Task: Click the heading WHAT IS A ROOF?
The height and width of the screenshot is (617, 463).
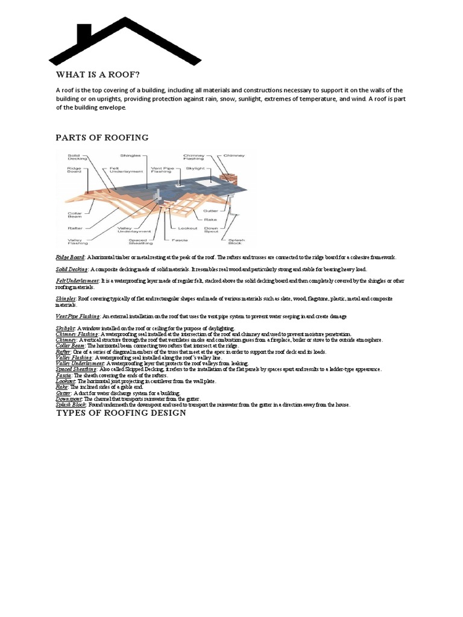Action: (98, 75)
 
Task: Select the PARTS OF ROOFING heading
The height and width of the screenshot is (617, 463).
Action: (102, 137)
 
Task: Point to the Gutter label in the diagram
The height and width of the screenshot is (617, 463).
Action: (210, 211)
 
